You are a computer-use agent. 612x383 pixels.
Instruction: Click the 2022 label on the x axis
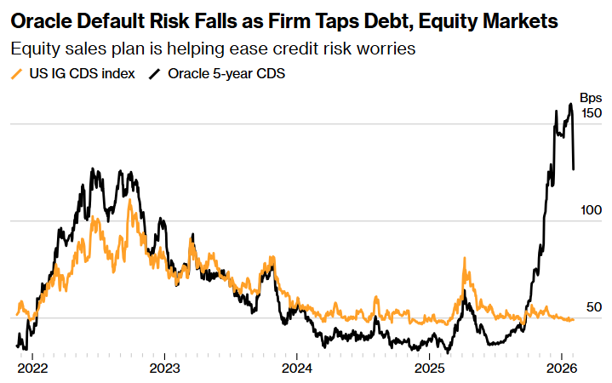(x=32, y=369)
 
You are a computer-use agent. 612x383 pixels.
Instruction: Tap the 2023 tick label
(x=164, y=369)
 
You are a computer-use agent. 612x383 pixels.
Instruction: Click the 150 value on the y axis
(x=591, y=113)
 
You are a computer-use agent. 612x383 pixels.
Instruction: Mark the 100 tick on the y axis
(x=591, y=210)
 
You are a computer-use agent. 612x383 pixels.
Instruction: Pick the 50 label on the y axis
(x=594, y=307)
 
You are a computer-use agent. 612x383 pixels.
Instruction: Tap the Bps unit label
(x=591, y=98)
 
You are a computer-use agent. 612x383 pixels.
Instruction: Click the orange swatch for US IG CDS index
(x=17, y=73)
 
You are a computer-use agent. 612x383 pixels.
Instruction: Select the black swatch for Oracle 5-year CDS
(x=156, y=73)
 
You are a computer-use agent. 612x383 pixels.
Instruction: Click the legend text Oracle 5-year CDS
(x=226, y=73)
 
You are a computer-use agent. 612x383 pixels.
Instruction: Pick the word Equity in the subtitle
(x=34, y=49)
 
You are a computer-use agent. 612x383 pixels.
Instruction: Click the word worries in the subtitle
(x=386, y=49)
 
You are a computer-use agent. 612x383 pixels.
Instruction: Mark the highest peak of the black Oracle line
(x=570, y=104)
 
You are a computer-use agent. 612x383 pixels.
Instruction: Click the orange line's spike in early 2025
(x=465, y=258)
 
